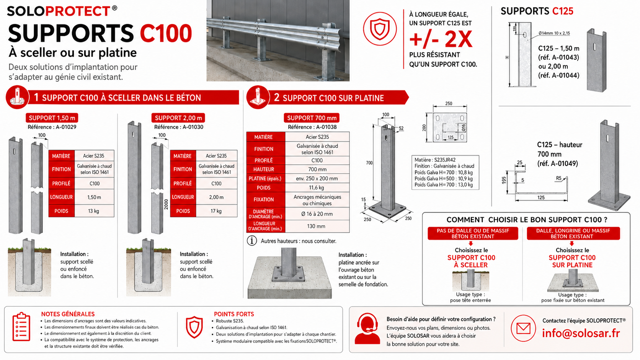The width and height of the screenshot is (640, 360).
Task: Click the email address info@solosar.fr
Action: click(x=581, y=333)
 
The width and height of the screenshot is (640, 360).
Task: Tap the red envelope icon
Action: click(x=523, y=328)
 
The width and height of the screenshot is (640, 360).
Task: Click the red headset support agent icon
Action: click(x=367, y=329)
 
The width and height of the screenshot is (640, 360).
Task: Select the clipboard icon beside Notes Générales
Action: click(x=21, y=327)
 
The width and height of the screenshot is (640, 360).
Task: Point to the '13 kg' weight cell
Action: click(x=94, y=211)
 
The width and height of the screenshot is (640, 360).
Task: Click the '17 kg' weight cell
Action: click(x=216, y=211)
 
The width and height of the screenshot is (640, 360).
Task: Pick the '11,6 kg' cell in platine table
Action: click(x=317, y=187)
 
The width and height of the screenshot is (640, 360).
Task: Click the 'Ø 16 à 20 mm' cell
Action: click(x=317, y=214)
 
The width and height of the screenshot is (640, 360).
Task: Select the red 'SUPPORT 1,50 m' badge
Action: click(x=52, y=118)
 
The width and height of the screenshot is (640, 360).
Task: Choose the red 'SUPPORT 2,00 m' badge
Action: click(x=178, y=118)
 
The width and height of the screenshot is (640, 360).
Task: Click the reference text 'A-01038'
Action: click(x=326, y=127)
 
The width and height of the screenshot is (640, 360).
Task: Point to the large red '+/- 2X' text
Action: click(x=441, y=39)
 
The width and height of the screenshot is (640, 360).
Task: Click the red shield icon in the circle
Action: click(x=380, y=29)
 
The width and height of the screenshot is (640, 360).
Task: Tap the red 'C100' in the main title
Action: click(x=166, y=34)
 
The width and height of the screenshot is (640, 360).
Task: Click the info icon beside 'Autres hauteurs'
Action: click(x=252, y=241)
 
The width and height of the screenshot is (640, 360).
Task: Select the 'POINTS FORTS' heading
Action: click(x=234, y=314)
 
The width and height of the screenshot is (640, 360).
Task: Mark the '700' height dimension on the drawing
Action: click(x=369, y=163)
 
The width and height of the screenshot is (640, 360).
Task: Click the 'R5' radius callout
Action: click(x=558, y=178)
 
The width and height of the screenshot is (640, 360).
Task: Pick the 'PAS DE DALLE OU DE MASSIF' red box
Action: click(x=473, y=233)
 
